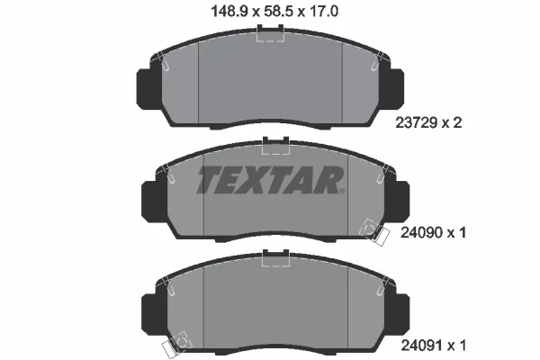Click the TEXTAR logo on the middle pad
[x=270, y=181]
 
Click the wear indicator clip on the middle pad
[x=368, y=231]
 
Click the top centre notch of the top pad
[x=270, y=33]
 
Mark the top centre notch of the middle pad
[x=270, y=144]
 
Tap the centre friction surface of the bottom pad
[x=270, y=310]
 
